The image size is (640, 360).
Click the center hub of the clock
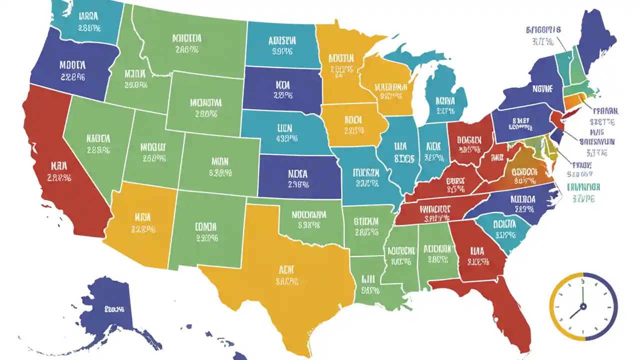click(x=583, y=306)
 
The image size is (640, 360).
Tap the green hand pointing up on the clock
click(x=583, y=292)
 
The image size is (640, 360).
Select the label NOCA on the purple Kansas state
click(x=298, y=174)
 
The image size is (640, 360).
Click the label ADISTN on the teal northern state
click(x=282, y=40)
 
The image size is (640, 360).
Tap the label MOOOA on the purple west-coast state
click(x=72, y=65)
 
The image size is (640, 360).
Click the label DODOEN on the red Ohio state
click(x=468, y=139)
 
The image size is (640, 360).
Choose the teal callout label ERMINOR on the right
click(x=583, y=187)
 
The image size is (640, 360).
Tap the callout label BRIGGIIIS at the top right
click(x=543, y=30)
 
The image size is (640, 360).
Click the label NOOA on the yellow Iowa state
click(x=352, y=120)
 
